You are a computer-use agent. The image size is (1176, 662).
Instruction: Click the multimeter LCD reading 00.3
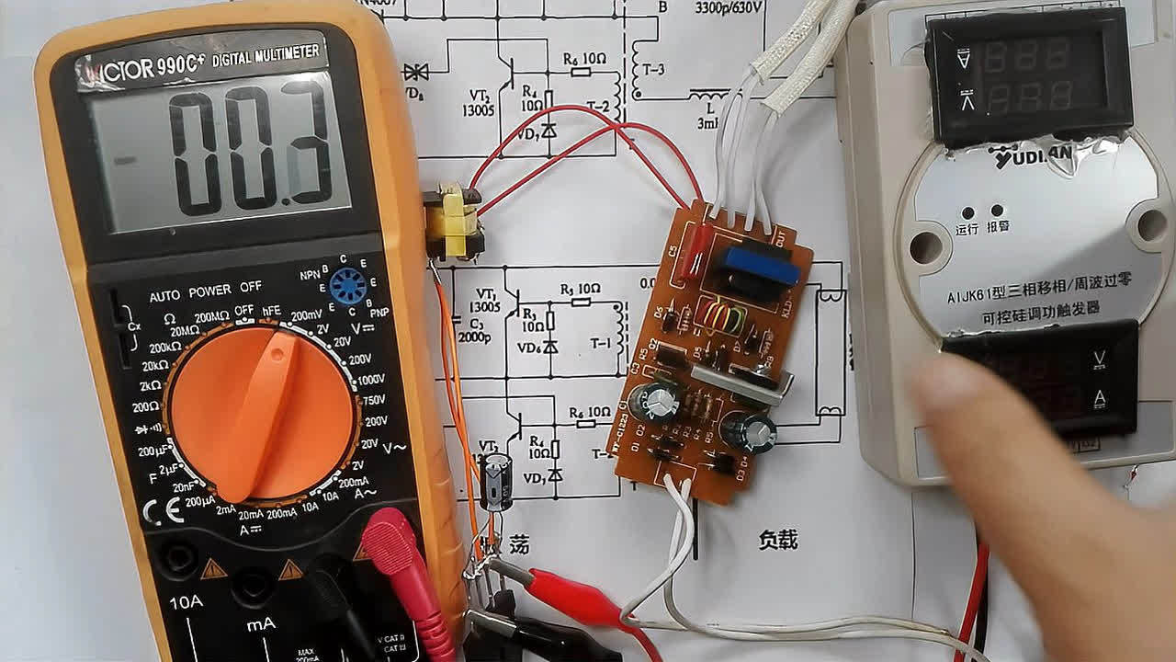pyautogui.click(x=220, y=147)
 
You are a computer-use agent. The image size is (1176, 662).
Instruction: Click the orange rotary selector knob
pyautogui.click(x=262, y=414)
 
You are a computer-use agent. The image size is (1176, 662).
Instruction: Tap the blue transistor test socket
pyautogui.click(x=347, y=287)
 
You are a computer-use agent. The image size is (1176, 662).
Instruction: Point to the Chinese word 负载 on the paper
pyautogui.click(x=778, y=540)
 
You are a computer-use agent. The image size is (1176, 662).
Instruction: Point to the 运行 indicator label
pyautogui.click(x=967, y=229)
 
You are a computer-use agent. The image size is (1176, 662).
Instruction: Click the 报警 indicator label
pyautogui.click(x=998, y=227)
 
